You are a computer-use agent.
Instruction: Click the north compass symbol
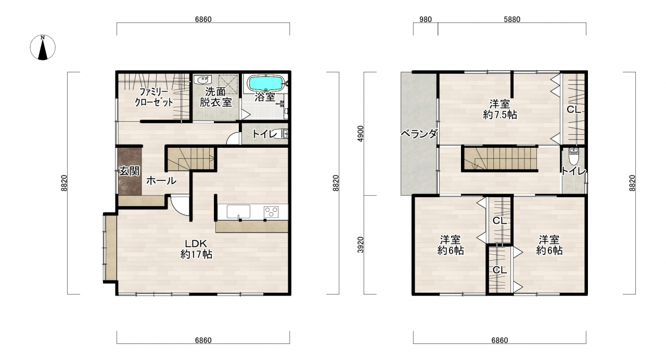pos(43,47)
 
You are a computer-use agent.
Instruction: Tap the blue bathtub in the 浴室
pos(266,83)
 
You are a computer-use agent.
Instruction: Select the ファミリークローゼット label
pos(153,97)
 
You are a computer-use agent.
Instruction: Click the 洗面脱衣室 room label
pos(215,97)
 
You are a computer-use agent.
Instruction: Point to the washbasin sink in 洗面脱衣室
pos(202,80)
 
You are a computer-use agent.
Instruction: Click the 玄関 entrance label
pos(129,171)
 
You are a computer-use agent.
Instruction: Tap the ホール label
pos(161,181)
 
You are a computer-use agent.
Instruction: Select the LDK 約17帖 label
pos(196,249)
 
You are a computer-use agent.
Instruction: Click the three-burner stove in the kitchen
pos(271,212)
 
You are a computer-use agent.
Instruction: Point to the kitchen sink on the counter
pos(238,212)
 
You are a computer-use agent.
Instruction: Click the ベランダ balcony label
pos(419,134)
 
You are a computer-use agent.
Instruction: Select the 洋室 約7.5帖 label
pos(500,109)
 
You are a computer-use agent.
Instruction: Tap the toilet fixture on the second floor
pos(573,157)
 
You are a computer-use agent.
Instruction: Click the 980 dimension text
pos(425,19)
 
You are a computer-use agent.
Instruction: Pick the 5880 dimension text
pos(512,19)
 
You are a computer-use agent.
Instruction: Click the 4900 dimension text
pos(361,134)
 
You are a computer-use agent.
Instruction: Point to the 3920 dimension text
pos(361,245)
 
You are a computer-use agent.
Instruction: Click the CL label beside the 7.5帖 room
pos(573,110)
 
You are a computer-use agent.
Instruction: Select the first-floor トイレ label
pos(265,134)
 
